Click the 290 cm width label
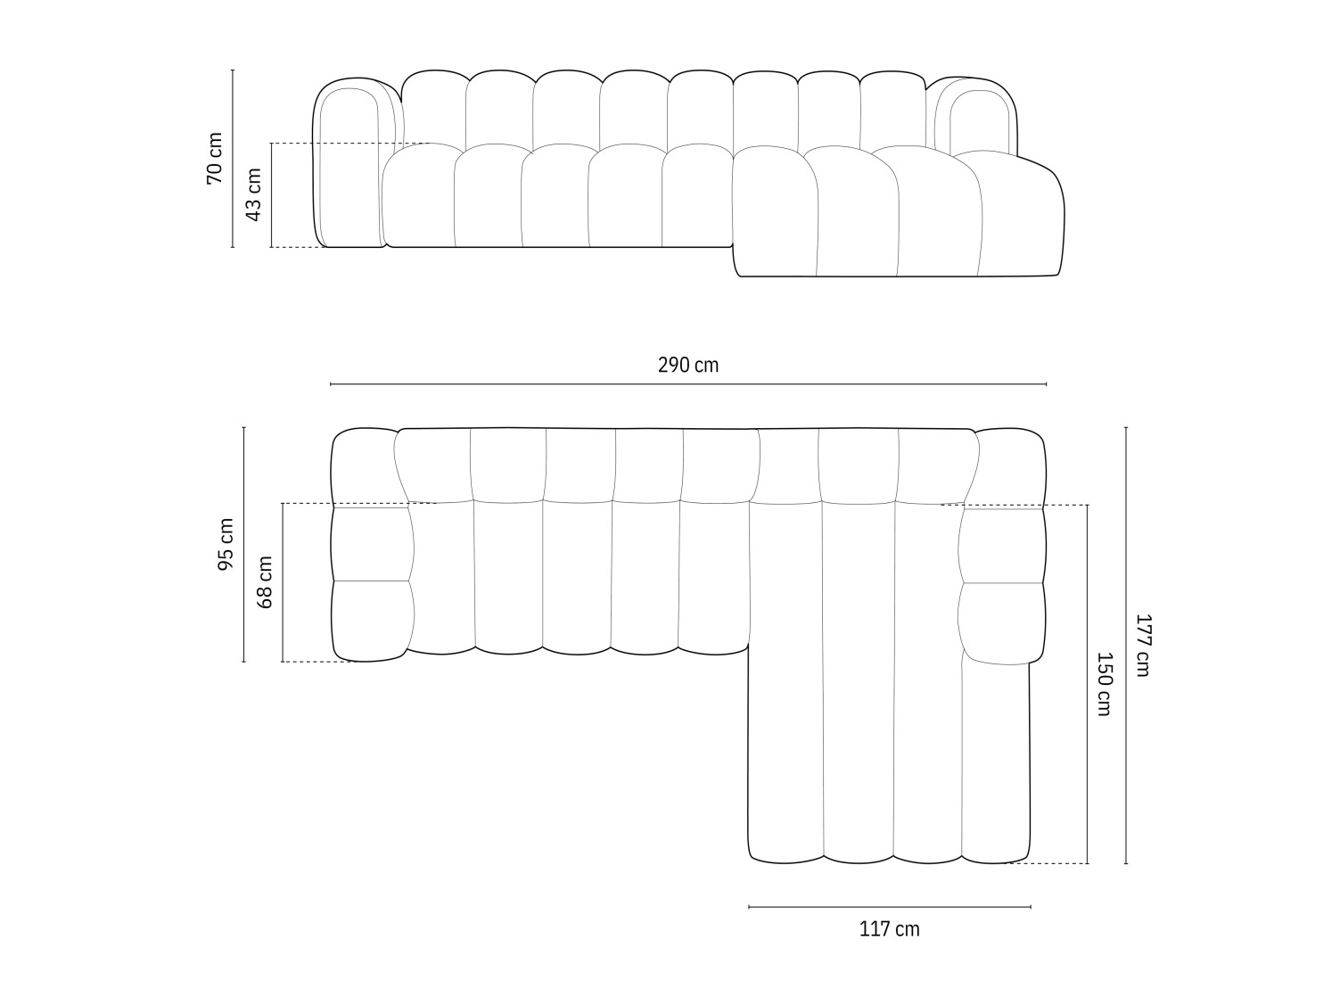687,365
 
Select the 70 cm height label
215,158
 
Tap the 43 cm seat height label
253,194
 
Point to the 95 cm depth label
226,544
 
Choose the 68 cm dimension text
265,581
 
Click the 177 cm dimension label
1142,645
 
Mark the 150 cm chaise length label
1104,684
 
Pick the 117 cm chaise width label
889,929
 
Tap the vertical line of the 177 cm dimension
1126,713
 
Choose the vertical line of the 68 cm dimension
283,624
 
